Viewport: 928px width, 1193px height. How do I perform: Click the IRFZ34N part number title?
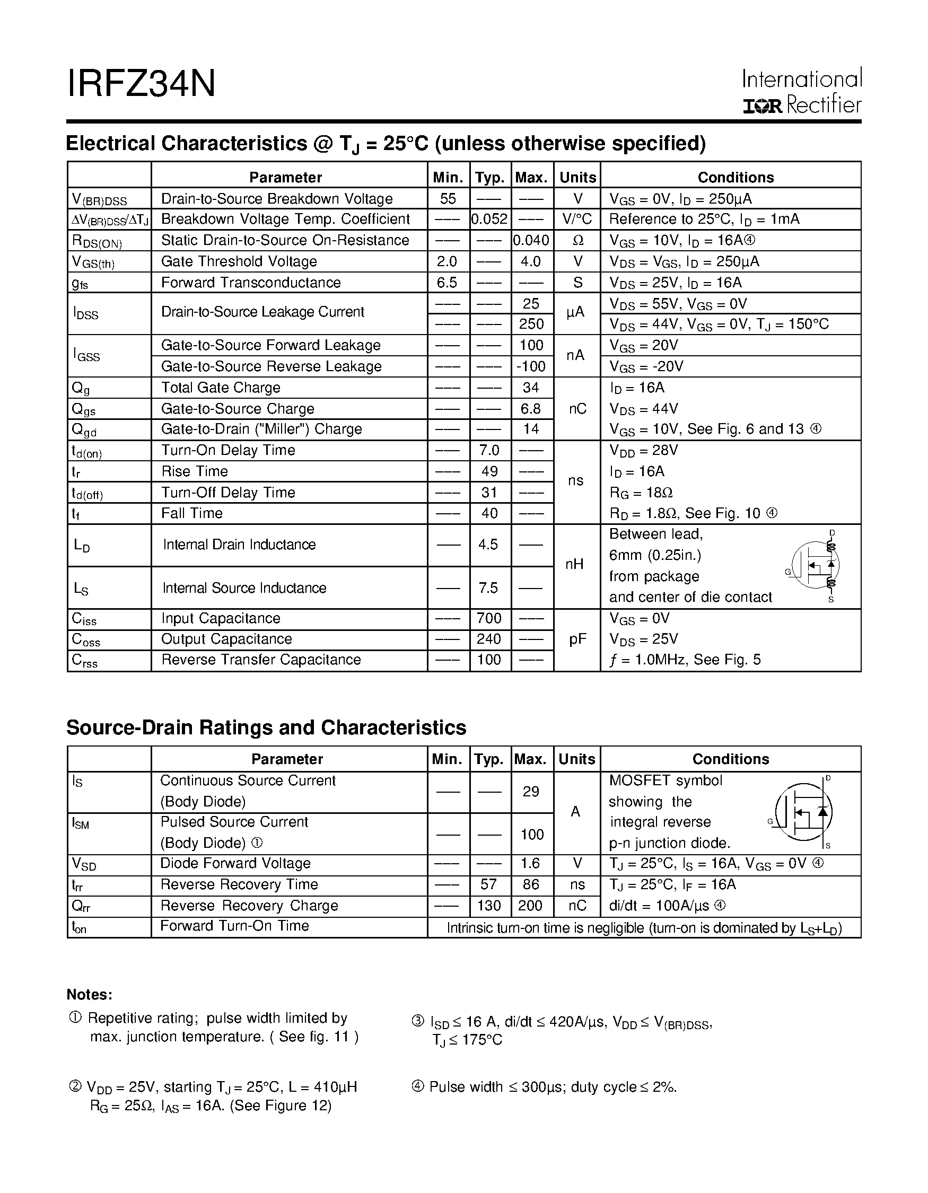pos(141,84)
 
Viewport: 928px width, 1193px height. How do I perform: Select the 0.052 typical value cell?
pos(489,219)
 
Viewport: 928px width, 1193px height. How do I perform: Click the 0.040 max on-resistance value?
pos(531,240)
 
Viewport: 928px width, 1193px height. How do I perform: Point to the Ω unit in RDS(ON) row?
pos(577,240)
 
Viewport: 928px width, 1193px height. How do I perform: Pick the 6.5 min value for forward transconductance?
pos(448,283)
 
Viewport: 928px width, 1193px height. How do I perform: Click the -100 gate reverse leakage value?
pos(531,366)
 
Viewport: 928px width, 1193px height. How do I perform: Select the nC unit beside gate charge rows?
pos(577,409)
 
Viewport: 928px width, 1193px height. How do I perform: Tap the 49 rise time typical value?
pos(489,471)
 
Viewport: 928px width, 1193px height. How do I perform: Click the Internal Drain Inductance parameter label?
pos(239,545)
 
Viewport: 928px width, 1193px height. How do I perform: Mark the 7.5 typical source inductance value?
pos(488,588)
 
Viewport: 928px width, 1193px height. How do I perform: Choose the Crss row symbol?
pos(85,661)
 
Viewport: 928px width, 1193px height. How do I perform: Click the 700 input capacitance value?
pos(489,618)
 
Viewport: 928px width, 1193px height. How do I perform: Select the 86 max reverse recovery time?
pos(531,884)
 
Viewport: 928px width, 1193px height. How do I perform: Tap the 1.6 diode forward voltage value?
pos(531,863)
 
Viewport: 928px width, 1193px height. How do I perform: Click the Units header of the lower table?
pos(577,759)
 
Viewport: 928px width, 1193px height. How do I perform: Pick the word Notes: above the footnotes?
pos(90,995)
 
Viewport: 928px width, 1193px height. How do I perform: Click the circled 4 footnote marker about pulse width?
pos(417,1086)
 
